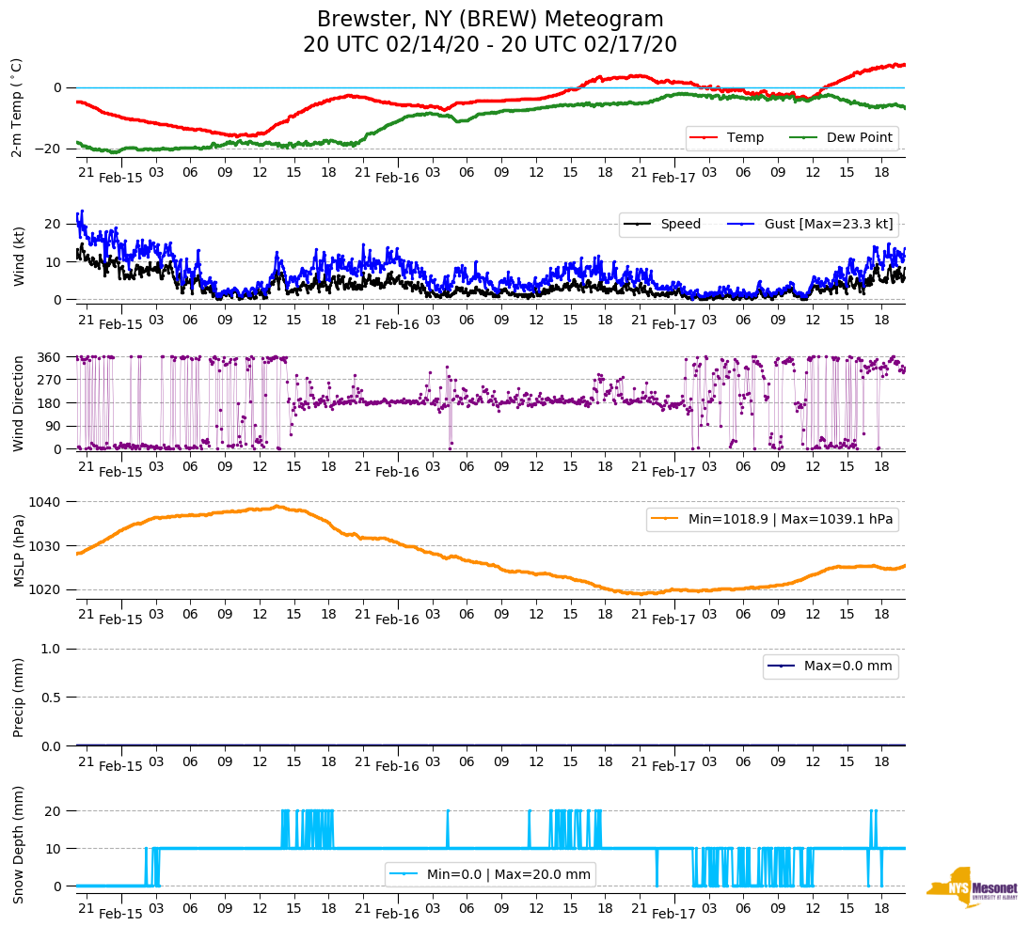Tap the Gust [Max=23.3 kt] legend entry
pos(828,224)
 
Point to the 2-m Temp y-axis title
pos(16,106)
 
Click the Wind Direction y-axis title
pos(18,402)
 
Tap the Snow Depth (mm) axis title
pos(18,844)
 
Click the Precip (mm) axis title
pos(18,697)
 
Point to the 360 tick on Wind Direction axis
pos(49,357)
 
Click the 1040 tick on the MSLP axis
pos(45,502)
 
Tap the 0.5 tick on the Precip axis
pos(53,698)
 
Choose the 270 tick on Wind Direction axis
pos(49,380)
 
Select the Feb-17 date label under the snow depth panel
pos(673,914)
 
